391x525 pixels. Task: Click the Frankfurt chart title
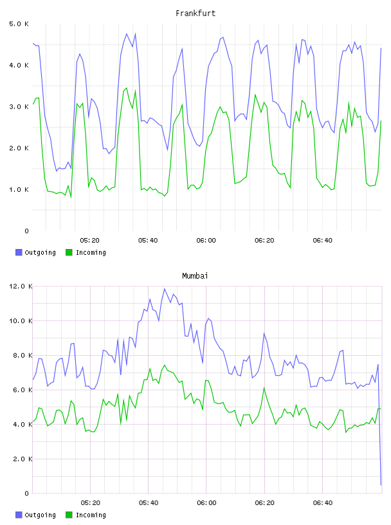[x=195, y=14]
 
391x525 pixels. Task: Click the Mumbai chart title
[x=195, y=276]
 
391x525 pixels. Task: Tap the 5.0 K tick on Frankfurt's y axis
[x=19, y=24]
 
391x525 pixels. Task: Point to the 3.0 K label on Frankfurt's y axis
[x=19, y=107]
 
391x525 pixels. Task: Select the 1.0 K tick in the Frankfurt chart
[x=19, y=190]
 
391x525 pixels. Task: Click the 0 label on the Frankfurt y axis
[x=26, y=231]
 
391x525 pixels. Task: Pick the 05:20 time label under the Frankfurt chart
[x=90, y=241]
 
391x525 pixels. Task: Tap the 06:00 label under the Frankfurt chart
[x=206, y=241]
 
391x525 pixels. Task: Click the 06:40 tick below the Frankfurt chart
[x=323, y=241]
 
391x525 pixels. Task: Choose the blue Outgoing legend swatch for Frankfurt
[x=19, y=252]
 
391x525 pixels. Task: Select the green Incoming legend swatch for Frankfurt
[x=69, y=252]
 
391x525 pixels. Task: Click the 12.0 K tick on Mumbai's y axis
[x=21, y=286]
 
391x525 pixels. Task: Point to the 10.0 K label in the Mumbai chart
[x=21, y=321]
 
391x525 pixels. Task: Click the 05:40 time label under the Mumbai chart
[x=149, y=503]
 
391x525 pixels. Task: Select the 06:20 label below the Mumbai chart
[x=265, y=503]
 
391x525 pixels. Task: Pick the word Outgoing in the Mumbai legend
[x=40, y=515]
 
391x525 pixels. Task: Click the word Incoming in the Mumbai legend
[x=91, y=515]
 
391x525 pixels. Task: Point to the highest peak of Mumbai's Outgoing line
[x=165, y=289]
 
